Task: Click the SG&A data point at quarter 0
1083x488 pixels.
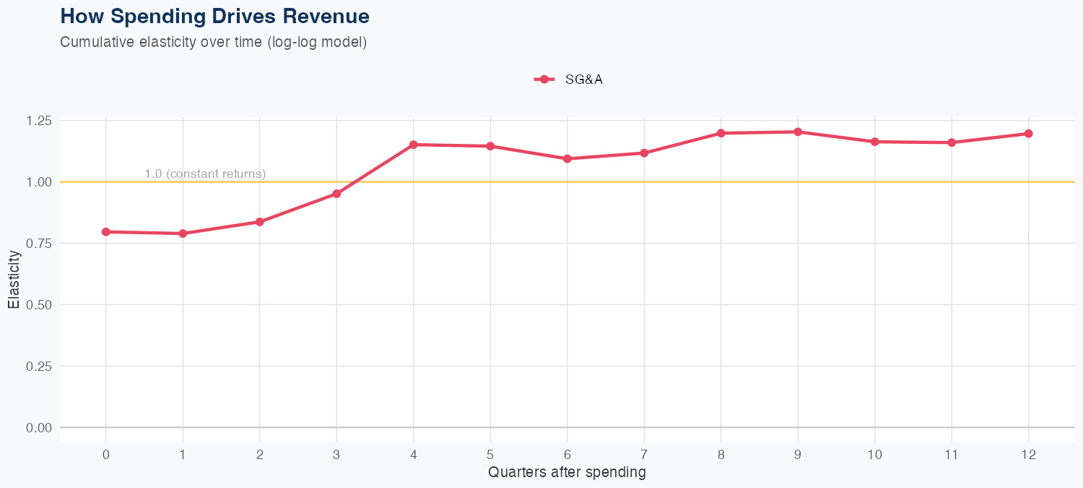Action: tap(106, 232)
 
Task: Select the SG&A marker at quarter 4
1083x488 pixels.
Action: tap(414, 145)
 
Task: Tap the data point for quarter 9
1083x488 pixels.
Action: tap(798, 132)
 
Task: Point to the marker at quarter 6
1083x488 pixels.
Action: tap(567, 158)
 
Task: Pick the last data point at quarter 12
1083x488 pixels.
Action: tap(1028, 134)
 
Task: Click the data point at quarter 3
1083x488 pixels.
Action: tap(336, 194)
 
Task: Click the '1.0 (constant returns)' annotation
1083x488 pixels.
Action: tap(205, 174)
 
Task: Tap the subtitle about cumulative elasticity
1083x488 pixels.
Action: tap(214, 42)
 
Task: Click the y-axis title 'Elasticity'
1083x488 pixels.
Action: tap(14, 279)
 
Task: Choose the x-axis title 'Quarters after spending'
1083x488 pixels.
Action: tap(567, 473)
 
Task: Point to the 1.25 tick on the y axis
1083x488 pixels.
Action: tap(38, 121)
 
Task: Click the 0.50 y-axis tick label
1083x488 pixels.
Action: tap(38, 305)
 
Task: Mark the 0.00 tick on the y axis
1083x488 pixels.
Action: tap(38, 428)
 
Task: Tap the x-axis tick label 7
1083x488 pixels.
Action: tap(644, 455)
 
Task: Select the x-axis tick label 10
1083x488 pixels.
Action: tap(874, 455)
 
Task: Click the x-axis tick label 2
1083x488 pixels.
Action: tap(260, 455)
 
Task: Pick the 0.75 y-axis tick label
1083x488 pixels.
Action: tap(38, 244)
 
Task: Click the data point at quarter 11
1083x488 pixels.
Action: tap(952, 142)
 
